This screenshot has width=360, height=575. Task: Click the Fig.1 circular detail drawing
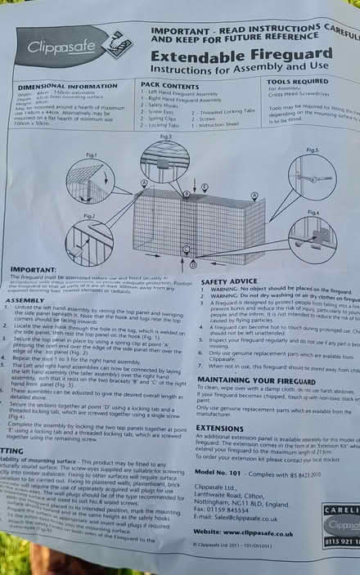[89, 181]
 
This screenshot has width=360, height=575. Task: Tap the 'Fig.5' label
[312, 150]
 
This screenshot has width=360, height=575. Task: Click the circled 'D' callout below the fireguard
[193, 265]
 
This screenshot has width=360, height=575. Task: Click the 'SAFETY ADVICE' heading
[223, 281]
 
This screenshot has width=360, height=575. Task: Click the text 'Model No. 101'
[226, 474]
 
